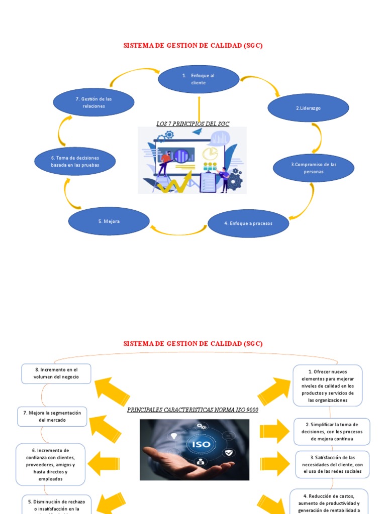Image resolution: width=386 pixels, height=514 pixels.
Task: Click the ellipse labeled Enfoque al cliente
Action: pos(199,79)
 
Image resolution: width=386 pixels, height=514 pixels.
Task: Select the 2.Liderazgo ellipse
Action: pos(308,108)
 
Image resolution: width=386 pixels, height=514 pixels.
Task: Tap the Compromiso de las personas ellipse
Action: pos(313,168)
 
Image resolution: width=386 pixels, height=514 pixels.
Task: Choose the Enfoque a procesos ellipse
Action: pos(248,223)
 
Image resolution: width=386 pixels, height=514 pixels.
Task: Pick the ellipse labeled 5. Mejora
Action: pos(109,221)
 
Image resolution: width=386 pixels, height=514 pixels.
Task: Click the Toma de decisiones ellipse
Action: pos(75,161)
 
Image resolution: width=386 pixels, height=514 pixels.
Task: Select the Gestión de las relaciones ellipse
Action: pos(93,102)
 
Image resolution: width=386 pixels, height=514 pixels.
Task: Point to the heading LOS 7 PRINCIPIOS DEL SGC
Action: pos(193,123)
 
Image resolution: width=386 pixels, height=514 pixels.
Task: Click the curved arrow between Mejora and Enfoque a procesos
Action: pos(178,231)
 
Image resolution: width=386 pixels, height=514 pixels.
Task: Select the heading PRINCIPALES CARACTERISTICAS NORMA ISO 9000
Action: pos(192,410)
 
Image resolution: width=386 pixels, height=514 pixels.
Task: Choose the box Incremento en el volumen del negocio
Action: pos(56,373)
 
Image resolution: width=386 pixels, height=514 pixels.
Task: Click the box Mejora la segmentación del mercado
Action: pos(52,416)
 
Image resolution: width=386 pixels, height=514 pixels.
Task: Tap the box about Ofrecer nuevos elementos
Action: pos(327,385)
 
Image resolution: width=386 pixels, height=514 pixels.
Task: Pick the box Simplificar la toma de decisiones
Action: pos(331,432)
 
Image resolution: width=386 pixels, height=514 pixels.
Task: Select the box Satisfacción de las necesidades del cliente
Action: pos(332,464)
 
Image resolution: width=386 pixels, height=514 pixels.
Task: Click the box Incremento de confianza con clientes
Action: pos(50,464)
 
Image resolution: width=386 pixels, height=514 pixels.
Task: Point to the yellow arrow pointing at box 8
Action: pos(112,392)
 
